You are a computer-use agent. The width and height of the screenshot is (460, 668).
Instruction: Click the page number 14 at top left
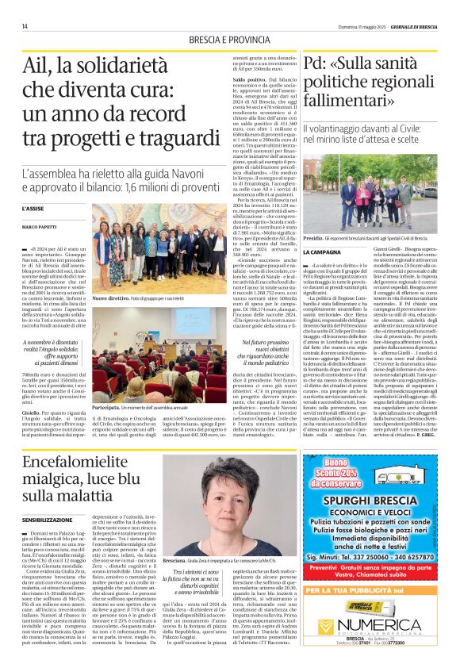pyautogui.click(x=25, y=26)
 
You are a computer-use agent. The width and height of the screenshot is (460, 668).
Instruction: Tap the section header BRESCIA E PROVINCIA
pyautogui.click(x=229, y=40)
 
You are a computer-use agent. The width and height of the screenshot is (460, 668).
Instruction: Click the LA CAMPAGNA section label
pyautogui.click(x=322, y=251)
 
